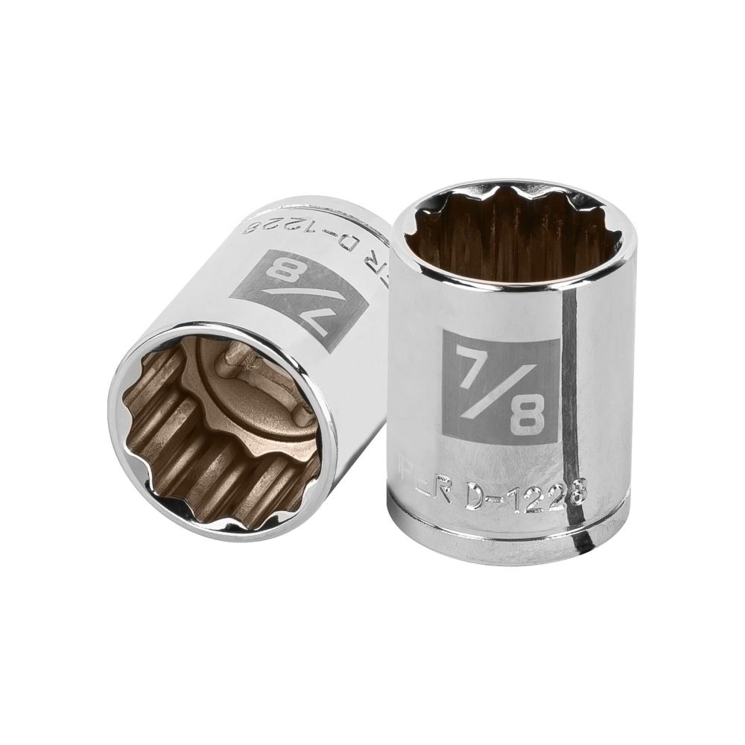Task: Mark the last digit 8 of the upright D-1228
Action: pyautogui.click(x=577, y=492)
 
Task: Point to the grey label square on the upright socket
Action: pyautogui.click(x=501, y=387)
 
